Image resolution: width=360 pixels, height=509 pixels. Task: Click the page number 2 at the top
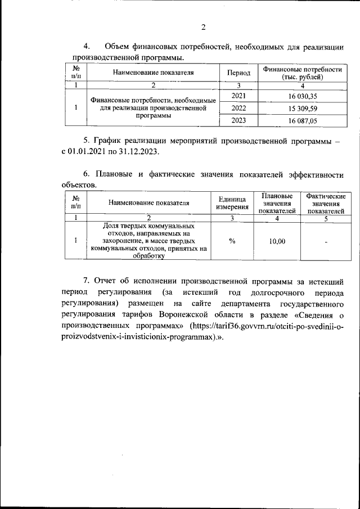click(204, 26)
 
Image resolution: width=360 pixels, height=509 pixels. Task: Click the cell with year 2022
click(238, 108)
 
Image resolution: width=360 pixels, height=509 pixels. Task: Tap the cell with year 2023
click(238, 120)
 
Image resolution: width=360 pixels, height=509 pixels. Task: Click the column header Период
click(238, 73)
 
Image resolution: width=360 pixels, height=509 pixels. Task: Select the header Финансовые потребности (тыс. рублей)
click(303, 73)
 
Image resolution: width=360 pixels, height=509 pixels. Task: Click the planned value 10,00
click(277, 241)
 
